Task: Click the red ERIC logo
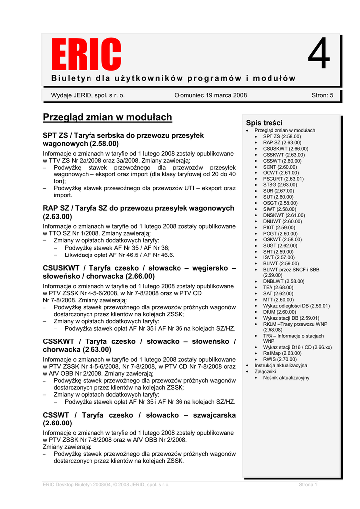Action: click(87, 55)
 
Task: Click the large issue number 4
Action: click(319, 55)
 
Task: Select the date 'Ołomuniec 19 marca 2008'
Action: click(210, 95)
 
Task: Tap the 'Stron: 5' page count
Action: click(322, 95)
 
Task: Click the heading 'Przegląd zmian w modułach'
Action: click(107, 117)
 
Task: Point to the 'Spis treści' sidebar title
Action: click(264, 123)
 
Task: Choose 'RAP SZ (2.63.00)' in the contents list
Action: click(282, 142)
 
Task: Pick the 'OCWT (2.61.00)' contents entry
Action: click(281, 172)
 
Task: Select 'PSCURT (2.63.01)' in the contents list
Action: click(283, 179)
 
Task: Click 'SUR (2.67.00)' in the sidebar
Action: click(278, 191)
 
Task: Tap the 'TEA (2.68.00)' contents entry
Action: click(278, 287)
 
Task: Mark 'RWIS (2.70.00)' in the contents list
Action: click(280, 359)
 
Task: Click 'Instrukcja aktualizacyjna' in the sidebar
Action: click(280, 365)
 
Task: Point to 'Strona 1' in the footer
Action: click(308, 484)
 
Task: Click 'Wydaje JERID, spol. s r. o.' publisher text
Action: click(88, 95)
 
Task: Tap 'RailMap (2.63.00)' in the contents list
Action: click(282, 353)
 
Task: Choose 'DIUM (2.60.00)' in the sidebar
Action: click(279, 312)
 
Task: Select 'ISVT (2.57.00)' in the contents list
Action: click(278, 257)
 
